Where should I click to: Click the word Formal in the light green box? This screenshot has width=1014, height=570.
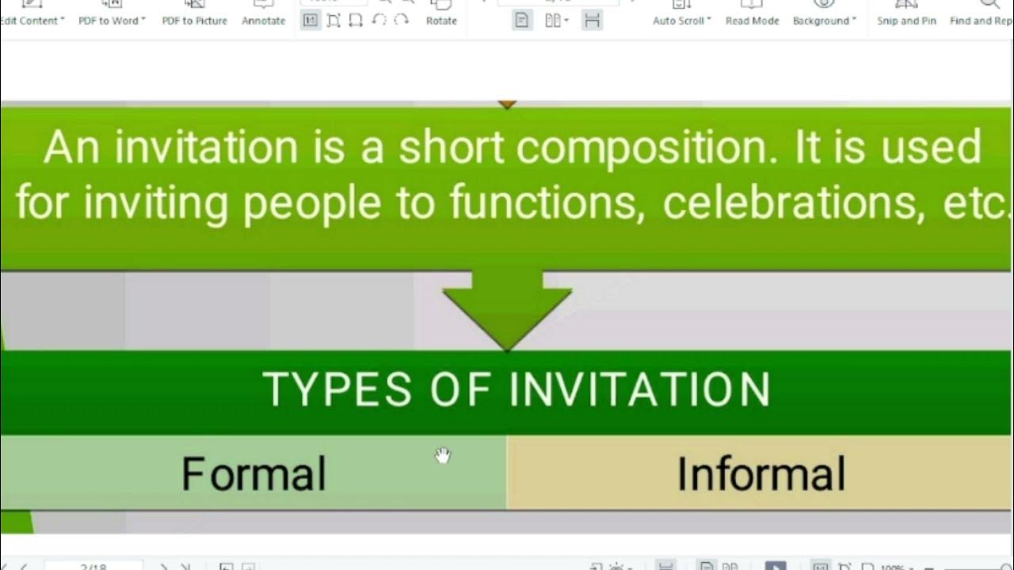click(253, 474)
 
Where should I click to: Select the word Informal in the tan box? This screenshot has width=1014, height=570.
click(761, 474)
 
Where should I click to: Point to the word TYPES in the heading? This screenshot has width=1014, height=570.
click(337, 389)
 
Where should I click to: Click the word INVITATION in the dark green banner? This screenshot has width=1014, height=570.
click(639, 389)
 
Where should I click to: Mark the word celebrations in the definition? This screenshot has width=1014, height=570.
click(787, 203)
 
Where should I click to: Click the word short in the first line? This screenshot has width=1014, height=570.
click(449, 149)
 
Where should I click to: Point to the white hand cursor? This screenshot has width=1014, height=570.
click(442, 455)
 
